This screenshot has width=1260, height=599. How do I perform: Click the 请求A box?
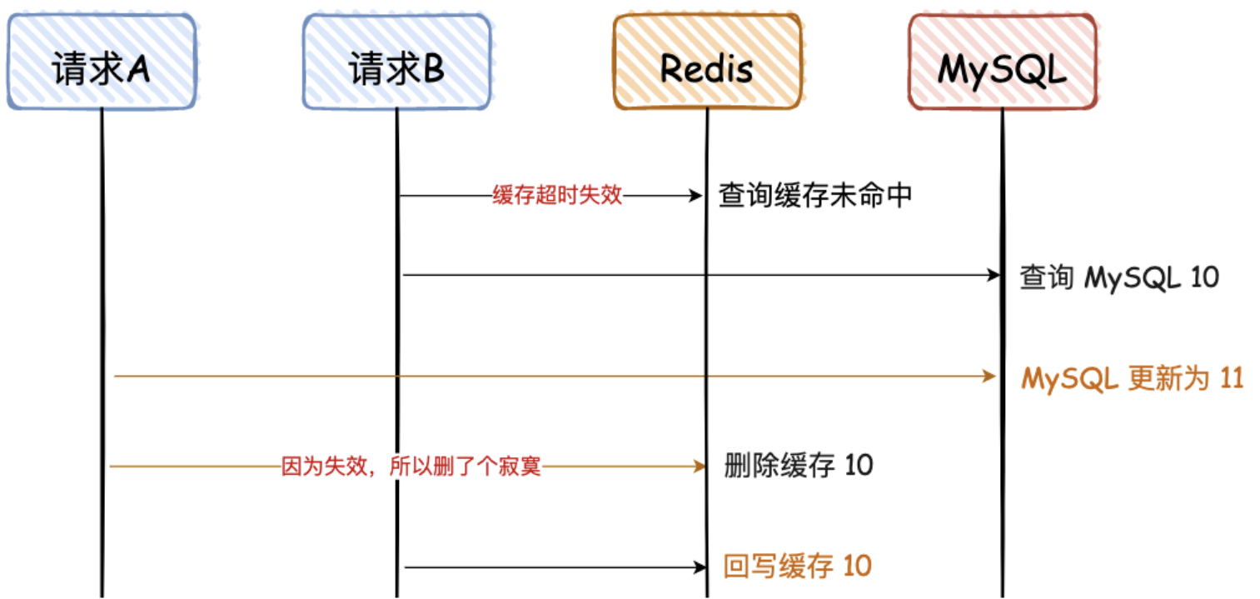102,62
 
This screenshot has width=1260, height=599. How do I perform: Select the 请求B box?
396,62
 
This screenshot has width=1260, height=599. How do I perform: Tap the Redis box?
707,62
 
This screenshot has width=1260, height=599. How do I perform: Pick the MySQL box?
1002,62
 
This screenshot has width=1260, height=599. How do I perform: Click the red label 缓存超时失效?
557,197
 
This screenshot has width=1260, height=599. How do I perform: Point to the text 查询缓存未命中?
815,197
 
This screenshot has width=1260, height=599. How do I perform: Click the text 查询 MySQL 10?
1119,277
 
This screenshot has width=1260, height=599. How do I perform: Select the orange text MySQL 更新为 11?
1132,379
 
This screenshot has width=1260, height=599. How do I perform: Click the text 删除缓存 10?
799,465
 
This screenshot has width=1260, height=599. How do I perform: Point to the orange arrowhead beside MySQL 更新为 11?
990,377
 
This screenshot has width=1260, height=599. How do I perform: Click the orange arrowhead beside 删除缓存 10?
700,467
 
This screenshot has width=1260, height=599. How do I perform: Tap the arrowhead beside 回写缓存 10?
700,568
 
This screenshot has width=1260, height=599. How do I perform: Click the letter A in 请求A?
137,70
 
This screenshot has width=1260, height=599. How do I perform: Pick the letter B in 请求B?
433,70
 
